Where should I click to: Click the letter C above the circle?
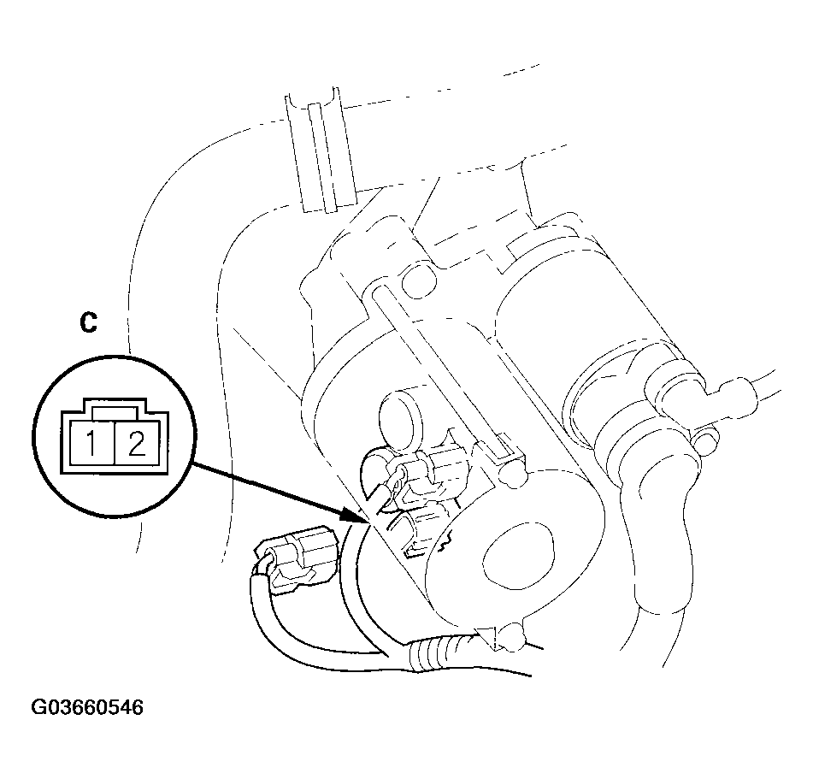pos(88,322)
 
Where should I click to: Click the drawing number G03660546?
pos(87,707)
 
